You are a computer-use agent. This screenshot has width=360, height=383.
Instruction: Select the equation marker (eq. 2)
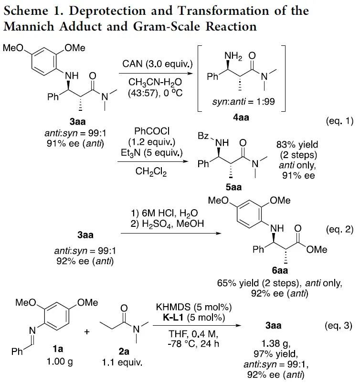pyautogui.click(x=339, y=230)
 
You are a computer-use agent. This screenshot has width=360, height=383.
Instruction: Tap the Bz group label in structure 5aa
pyautogui.click(x=203, y=137)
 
